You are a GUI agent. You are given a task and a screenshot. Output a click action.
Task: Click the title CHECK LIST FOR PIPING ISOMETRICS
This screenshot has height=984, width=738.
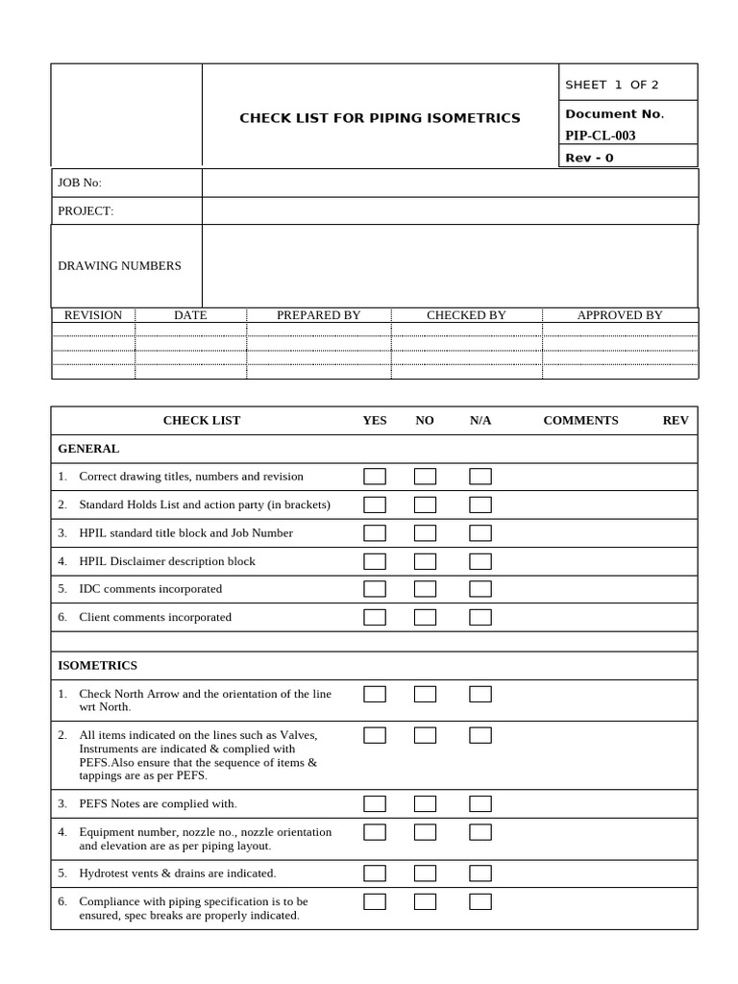380,118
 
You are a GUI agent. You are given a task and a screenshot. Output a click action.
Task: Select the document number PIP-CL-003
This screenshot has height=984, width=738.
600,135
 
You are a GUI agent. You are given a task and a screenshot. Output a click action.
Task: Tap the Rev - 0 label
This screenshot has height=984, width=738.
589,158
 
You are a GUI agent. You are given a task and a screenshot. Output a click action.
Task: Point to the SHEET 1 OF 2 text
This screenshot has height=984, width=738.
611,85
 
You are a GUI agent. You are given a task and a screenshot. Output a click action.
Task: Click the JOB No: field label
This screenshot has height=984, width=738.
80,183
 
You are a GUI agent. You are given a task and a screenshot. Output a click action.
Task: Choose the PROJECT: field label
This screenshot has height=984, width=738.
86,211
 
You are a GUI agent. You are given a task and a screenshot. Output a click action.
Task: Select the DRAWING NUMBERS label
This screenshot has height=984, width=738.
119,265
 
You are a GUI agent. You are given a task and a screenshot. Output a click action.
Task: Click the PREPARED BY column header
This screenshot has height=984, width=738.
318,315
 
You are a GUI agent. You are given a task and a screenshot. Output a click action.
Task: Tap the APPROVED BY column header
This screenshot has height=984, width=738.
619,315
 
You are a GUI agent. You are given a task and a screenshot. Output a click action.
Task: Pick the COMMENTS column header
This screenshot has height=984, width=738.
580,420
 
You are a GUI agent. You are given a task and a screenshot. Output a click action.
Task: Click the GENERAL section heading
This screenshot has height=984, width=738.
88,449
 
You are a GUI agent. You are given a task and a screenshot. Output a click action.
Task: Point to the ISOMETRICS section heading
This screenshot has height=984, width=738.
97,665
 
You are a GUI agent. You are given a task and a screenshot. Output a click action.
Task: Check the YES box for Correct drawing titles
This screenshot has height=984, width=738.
375,477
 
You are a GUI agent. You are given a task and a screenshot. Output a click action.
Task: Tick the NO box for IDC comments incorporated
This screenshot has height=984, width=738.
425,589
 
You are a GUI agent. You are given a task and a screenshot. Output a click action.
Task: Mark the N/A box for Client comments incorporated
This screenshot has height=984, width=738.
480,617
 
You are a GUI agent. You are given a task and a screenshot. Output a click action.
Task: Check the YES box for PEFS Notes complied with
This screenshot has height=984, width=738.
375,803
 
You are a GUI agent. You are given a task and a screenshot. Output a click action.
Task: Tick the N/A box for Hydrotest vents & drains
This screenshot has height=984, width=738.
480,873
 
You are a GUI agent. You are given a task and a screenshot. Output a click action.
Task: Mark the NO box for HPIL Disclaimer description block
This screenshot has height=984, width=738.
425,561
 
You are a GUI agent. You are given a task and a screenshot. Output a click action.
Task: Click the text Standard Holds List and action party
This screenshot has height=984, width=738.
204,504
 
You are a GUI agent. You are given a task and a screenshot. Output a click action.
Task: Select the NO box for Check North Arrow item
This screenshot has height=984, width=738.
425,694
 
